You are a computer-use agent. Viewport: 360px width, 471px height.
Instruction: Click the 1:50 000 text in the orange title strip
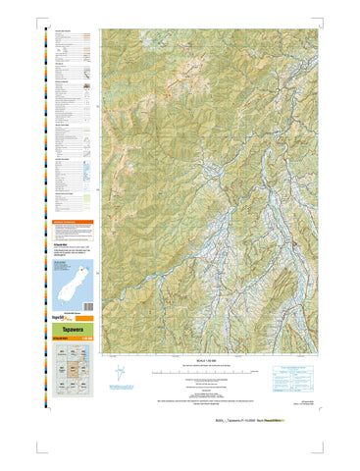[89, 340]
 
